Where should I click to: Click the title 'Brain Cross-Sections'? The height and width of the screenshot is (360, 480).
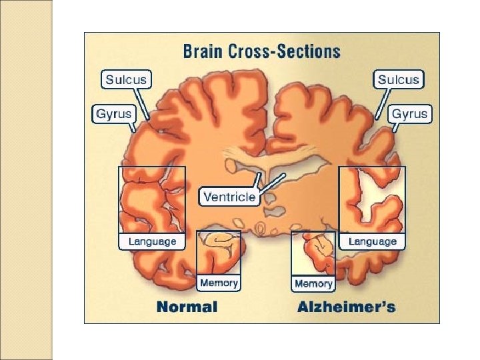(261, 51)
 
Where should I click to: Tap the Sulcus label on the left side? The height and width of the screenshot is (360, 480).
(126, 80)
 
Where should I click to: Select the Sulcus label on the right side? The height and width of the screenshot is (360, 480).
(399, 80)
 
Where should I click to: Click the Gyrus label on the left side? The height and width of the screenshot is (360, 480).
(113, 113)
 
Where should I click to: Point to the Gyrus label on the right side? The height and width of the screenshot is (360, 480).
(409, 113)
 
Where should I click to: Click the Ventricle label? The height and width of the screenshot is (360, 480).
(229, 197)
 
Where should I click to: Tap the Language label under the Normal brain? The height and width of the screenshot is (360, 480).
(152, 241)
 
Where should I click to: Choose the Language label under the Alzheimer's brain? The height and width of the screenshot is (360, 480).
(373, 241)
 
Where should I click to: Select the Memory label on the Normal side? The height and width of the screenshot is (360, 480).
(219, 283)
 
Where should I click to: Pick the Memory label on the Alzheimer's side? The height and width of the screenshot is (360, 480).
(313, 283)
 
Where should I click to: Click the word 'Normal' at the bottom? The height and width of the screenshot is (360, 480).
(187, 307)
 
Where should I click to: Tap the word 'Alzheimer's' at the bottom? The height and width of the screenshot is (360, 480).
(346, 307)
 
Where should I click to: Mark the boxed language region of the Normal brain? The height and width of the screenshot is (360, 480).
(152, 200)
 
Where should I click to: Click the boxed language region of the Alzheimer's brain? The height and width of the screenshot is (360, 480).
(373, 200)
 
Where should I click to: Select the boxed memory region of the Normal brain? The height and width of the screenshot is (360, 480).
(219, 253)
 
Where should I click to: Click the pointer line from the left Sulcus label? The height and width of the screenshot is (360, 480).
(146, 105)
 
